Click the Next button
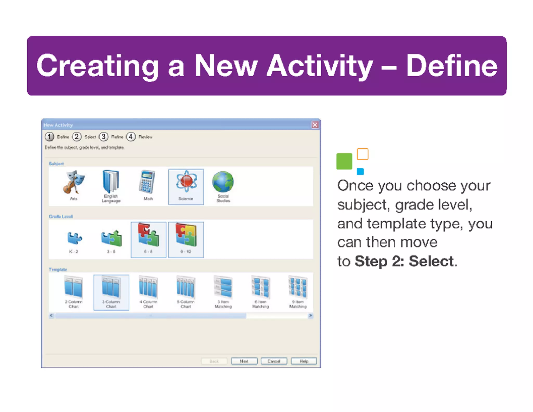(244, 361)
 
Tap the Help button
(304, 361)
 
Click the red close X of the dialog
(315, 125)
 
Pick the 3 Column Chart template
(111, 292)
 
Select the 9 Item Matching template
(298, 292)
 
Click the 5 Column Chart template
(186, 292)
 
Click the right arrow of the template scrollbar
(310, 316)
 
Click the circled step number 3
(104, 137)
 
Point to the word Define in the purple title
(452, 66)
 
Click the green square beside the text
(344, 161)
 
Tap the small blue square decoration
(360, 171)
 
